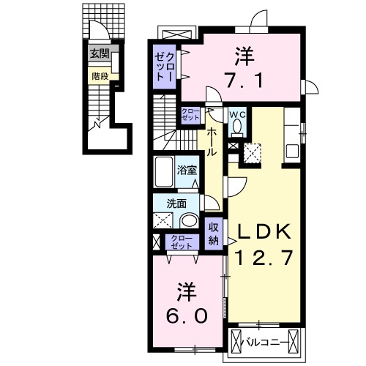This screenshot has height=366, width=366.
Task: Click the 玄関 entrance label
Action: [x=100, y=53]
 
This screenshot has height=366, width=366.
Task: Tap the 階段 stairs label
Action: [x=100, y=75]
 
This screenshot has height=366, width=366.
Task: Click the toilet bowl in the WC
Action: [x=238, y=127]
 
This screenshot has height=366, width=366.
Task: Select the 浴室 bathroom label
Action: [x=187, y=171]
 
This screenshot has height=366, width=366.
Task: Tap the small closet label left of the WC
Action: [x=190, y=114]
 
